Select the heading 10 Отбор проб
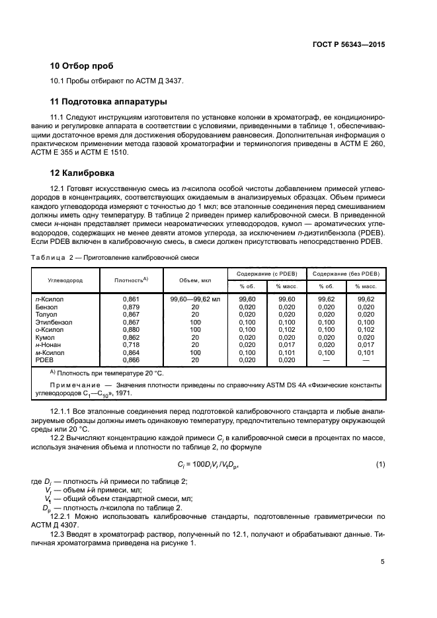click(x=81, y=66)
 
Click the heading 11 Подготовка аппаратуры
click(x=108, y=102)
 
